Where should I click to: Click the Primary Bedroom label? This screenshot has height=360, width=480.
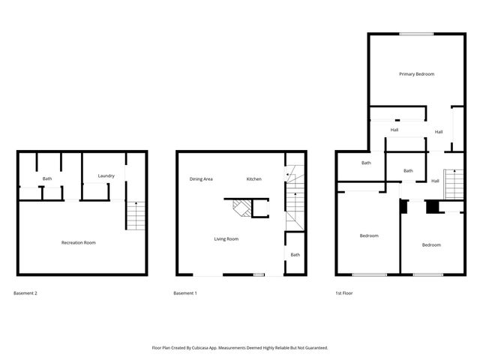416,74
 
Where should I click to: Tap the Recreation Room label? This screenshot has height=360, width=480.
78,242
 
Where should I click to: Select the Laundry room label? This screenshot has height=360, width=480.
106,176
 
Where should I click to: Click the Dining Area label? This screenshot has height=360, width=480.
201,179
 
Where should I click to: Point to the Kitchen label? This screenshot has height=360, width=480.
254,179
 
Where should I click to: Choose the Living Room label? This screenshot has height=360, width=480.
226,238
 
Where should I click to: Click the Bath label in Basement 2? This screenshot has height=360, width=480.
47,178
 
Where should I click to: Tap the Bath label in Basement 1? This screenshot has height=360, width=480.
295,255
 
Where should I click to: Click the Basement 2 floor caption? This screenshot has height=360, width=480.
25,293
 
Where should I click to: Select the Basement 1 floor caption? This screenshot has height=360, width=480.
184,293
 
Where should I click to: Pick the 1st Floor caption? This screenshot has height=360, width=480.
343,293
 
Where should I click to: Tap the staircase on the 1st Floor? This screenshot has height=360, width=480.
452,184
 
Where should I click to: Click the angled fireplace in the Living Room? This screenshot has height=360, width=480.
241,206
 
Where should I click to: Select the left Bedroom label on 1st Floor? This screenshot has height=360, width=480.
368,236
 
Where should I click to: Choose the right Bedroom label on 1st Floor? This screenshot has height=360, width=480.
430,245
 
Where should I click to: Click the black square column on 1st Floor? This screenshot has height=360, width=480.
432,207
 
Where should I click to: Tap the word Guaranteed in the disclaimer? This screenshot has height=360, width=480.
315,348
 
